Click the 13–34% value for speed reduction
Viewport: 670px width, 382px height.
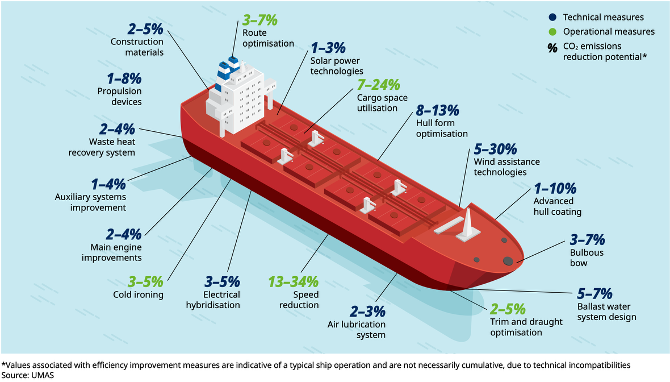pyautogui.click(x=293, y=281)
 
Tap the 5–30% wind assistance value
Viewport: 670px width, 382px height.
pyautogui.click(x=495, y=150)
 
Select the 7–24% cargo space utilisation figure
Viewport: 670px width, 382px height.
pyautogui.click(x=379, y=85)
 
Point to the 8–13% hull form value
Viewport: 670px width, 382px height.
pyautogui.click(x=437, y=110)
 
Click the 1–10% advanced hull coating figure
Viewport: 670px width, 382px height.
pyautogui.click(x=555, y=188)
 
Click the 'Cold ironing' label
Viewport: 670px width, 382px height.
pyautogui.click(x=138, y=294)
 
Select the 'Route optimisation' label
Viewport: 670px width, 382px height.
pyautogui.click(x=268, y=38)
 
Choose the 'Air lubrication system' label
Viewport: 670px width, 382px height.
pyautogui.click(x=356, y=330)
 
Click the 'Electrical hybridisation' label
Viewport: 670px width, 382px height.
pyautogui.click(x=213, y=300)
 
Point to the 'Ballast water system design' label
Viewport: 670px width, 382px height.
pyautogui.click(x=606, y=312)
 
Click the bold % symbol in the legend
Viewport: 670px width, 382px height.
pyautogui.click(x=552, y=49)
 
